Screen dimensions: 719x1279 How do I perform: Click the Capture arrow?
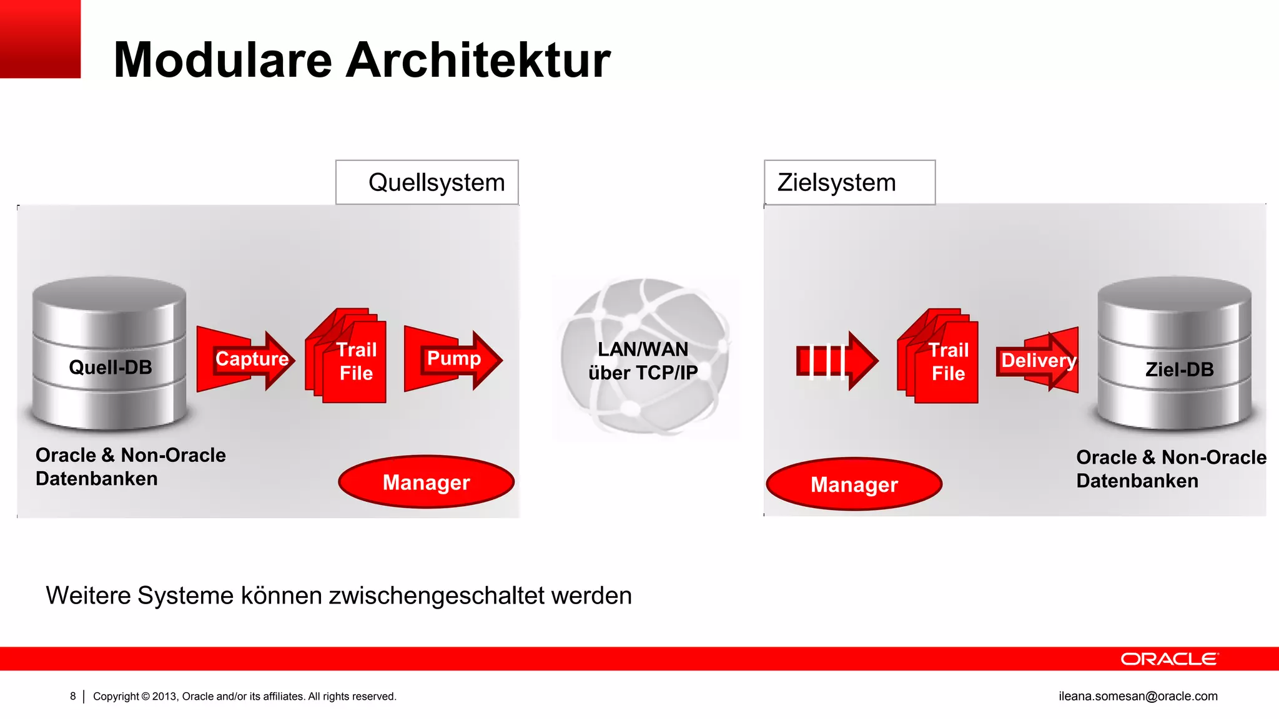(x=245, y=360)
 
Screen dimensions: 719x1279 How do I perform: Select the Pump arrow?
(x=453, y=360)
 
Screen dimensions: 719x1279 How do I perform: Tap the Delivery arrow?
(x=1038, y=361)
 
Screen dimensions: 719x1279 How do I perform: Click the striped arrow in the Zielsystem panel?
(x=837, y=361)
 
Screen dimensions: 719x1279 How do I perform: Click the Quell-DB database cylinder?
(x=110, y=353)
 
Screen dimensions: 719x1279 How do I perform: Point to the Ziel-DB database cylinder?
(x=1175, y=353)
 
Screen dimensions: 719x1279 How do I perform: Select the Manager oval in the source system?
(x=427, y=482)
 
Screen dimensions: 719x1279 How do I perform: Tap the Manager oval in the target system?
(x=854, y=484)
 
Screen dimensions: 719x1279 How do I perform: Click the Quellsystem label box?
(x=427, y=182)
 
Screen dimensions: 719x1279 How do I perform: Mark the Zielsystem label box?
(x=849, y=182)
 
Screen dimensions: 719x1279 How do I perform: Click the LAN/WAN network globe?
(x=644, y=357)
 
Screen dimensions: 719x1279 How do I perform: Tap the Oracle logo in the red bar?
(x=1169, y=659)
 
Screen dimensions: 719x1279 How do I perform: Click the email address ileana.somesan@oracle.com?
(x=1138, y=696)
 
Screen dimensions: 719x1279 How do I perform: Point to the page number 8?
(x=73, y=696)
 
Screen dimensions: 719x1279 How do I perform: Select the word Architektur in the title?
(x=478, y=60)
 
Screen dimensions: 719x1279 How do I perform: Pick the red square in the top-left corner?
(x=40, y=39)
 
